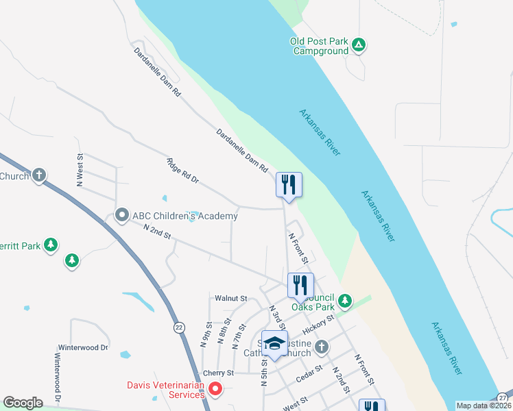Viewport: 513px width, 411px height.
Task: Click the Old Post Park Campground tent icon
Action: [x=358, y=46]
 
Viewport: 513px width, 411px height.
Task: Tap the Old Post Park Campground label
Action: [x=320, y=46]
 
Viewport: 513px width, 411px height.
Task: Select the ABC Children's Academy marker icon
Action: [x=122, y=216]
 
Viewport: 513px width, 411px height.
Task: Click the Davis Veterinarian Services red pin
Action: [x=215, y=390]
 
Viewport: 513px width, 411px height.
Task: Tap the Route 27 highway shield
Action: [x=504, y=397]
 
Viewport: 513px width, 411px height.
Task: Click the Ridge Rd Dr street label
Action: [x=182, y=171]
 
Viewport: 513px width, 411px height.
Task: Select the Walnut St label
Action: [x=230, y=299]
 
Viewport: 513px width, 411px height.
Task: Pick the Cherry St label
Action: [x=219, y=373]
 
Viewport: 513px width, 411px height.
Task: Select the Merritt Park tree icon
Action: [x=50, y=245]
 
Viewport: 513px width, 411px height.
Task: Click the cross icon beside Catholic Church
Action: [x=320, y=348]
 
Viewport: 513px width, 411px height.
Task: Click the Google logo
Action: [x=22, y=403]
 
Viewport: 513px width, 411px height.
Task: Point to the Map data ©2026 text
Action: [x=483, y=406]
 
